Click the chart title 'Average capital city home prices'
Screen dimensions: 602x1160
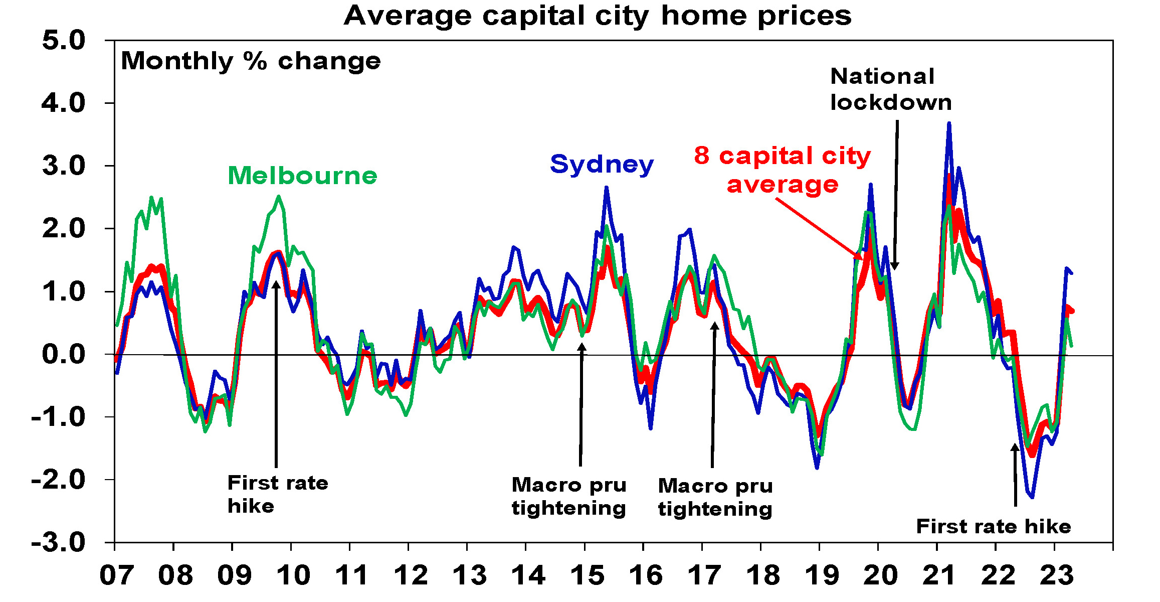click(x=597, y=16)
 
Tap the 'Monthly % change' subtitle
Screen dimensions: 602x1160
click(x=251, y=62)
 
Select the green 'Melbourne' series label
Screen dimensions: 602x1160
click(x=302, y=176)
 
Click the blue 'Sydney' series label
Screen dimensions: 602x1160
click(x=602, y=165)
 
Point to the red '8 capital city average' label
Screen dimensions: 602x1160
click(x=782, y=170)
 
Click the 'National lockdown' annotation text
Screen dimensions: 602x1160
click(x=891, y=89)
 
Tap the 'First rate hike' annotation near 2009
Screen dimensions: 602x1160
click(x=278, y=494)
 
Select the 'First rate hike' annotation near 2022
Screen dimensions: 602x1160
click(x=993, y=527)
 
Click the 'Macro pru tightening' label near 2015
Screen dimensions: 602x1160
click(x=569, y=496)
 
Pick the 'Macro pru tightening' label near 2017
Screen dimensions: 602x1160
click(x=715, y=497)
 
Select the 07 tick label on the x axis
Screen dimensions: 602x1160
click(x=116, y=575)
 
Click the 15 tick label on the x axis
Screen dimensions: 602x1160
click(x=587, y=575)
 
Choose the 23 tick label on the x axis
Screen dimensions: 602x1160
click(x=1057, y=575)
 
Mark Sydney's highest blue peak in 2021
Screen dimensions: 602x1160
click(x=949, y=123)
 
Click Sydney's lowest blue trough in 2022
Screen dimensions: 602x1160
click(x=1032, y=497)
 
